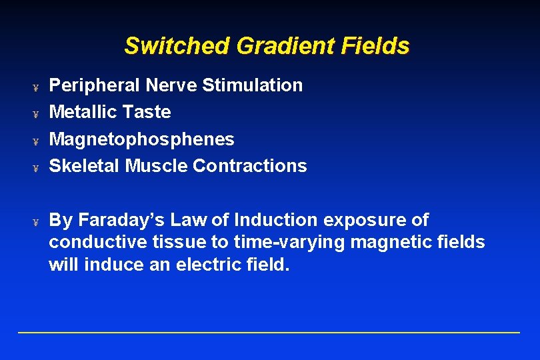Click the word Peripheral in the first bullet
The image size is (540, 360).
click(95, 85)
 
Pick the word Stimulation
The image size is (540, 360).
click(252, 85)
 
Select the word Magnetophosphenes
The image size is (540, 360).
click(142, 139)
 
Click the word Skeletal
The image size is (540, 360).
click(85, 166)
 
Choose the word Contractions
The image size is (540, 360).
click(250, 166)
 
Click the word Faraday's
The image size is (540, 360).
click(116, 220)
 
